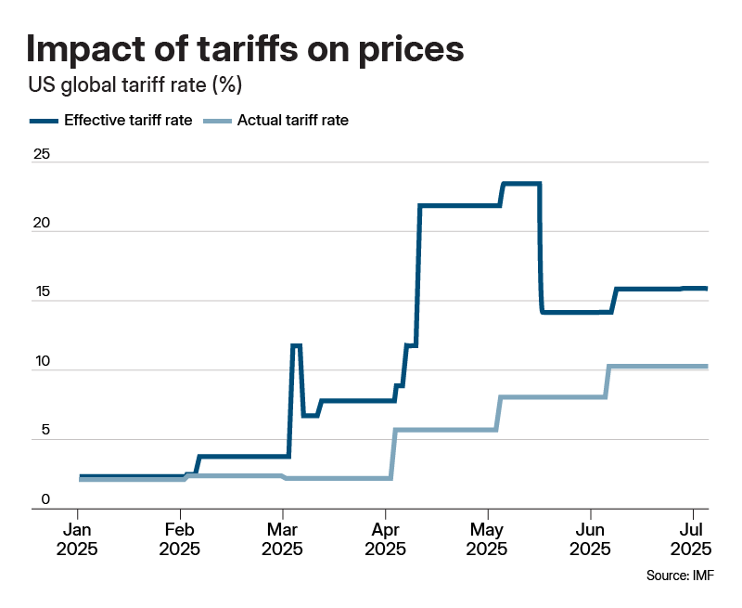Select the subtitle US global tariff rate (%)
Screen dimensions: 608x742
[x=134, y=86]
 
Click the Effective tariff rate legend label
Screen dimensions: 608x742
[x=128, y=121]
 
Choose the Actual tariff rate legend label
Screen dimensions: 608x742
[x=293, y=121]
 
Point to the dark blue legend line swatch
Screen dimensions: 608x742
[x=44, y=121]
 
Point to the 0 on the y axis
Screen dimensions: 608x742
[x=45, y=501]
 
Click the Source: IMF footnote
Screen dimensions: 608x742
[x=680, y=576]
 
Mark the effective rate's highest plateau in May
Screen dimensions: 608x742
[x=521, y=184]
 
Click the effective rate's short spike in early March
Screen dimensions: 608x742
[x=296, y=346]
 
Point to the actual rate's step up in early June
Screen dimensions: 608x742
[x=608, y=381]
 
